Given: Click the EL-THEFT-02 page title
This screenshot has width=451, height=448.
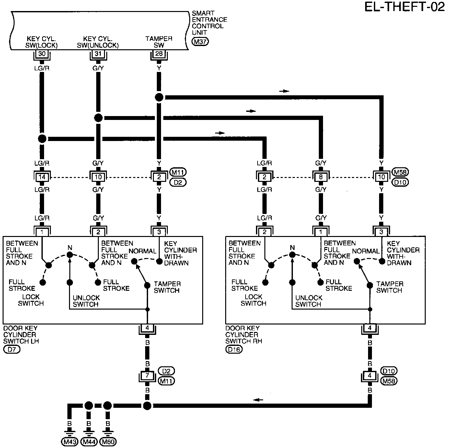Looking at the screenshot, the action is click(405, 7).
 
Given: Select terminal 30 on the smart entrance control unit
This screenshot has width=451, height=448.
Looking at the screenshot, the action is click(42, 54).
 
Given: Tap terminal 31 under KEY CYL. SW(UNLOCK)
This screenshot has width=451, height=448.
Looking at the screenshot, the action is click(98, 54).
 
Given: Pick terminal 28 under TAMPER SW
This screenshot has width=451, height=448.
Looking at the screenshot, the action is click(159, 54).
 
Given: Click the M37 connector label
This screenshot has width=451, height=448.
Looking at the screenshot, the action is click(200, 42).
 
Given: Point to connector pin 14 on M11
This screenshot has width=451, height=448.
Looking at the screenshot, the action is click(42, 177).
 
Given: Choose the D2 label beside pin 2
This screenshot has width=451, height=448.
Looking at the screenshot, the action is click(178, 183).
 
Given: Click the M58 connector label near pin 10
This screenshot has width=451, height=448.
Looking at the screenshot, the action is click(400, 172).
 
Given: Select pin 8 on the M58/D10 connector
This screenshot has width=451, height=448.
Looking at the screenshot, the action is click(321, 177).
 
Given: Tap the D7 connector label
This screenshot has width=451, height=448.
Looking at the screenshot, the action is click(12, 350).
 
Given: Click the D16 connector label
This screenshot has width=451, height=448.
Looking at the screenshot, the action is click(234, 350).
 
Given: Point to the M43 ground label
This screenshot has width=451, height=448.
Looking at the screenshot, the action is click(70, 442).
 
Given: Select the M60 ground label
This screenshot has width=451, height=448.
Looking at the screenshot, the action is click(108, 442).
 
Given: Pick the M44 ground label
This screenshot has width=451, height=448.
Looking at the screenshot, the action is click(89, 442).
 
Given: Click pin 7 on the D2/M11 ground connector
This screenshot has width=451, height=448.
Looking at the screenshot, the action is click(147, 376).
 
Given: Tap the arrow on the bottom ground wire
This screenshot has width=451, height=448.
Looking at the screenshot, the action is click(258, 400).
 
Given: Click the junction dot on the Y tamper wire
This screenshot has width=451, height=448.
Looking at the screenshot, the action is click(159, 97).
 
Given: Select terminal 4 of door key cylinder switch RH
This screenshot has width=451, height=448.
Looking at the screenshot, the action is click(370, 328).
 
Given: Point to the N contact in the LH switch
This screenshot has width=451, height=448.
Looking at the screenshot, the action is click(70, 255).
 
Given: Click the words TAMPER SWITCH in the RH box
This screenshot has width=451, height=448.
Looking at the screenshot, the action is click(390, 287).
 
